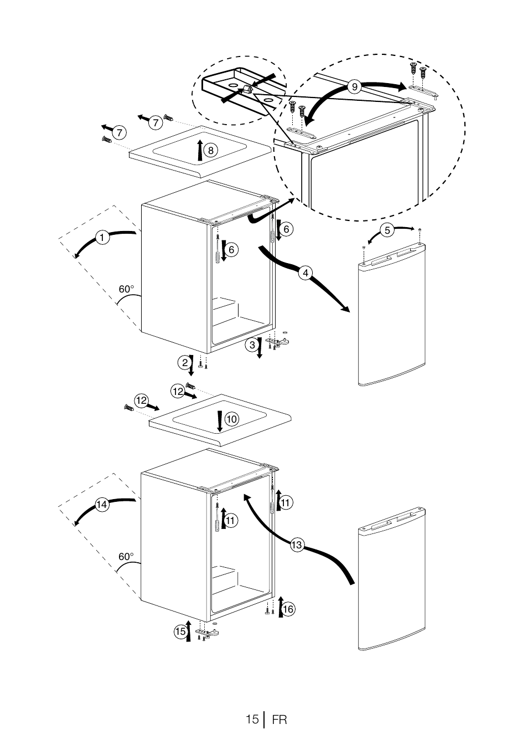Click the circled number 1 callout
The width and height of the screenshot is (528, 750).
[102, 238]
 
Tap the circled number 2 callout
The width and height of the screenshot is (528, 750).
[185, 363]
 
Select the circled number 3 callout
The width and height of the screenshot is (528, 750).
[252, 345]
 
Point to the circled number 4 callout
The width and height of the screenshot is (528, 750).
[306, 273]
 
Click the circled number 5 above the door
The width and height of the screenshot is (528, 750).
[387, 230]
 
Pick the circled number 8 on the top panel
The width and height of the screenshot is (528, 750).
[211, 150]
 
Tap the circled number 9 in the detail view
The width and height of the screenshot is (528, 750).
[354, 87]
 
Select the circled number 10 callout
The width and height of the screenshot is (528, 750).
[232, 419]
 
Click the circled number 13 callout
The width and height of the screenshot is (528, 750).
[297, 545]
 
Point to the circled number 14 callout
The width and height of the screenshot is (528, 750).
[102, 505]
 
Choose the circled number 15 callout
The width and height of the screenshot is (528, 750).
[180, 631]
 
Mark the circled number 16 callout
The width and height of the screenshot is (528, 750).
[288, 609]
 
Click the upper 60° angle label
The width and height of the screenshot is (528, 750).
[126, 289]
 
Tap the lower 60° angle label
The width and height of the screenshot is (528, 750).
[126, 557]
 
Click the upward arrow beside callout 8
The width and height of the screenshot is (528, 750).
[200, 150]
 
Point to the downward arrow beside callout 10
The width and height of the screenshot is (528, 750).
[220, 422]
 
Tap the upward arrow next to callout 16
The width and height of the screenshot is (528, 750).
[281, 607]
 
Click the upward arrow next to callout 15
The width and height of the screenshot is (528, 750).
[189, 630]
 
